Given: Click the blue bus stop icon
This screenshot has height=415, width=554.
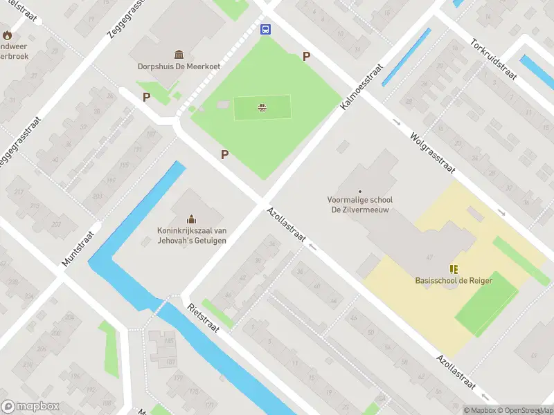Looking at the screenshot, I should tap(265, 29).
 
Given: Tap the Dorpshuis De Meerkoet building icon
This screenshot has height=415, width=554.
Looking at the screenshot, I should tap(179, 55).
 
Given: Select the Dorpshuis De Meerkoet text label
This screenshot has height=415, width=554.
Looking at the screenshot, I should tap(179, 67).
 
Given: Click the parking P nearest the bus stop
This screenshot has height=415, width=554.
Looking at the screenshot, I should tap(306, 57).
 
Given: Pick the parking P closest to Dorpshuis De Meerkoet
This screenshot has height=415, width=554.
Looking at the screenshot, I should tap(146, 98).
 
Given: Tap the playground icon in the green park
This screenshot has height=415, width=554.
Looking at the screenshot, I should tap(262, 107).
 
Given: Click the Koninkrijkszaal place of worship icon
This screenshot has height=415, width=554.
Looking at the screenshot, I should tap(190, 219).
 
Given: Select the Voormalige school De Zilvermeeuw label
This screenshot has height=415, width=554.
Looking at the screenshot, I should tap(359, 204).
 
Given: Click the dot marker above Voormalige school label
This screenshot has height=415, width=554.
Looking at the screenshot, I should tap(359, 191).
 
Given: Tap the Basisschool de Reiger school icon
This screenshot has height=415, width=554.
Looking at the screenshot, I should tap(454, 269).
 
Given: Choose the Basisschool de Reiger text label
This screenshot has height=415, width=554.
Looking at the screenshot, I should tap(454, 281).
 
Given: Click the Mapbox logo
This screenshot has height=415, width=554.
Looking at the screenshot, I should tap(30, 407).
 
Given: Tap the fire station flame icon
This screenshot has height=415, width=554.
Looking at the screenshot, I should tap(7, 35).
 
